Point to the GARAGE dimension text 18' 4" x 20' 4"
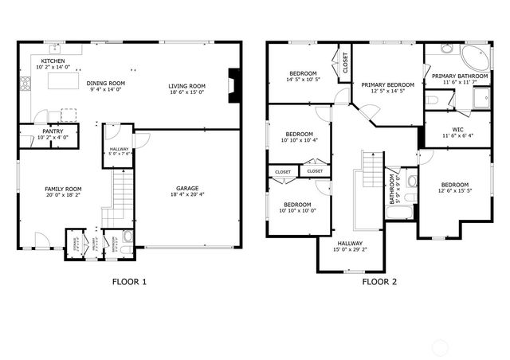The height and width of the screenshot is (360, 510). (x=187, y=194)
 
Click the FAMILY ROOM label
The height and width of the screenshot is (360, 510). (x=63, y=189)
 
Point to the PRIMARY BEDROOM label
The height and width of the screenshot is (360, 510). (x=387, y=84)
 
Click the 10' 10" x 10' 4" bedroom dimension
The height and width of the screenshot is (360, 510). (x=299, y=140)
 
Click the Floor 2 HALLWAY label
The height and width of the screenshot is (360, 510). (x=349, y=243)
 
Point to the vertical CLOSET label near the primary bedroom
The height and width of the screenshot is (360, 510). (x=345, y=63)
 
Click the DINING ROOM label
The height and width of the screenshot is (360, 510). (x=106, y=83)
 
